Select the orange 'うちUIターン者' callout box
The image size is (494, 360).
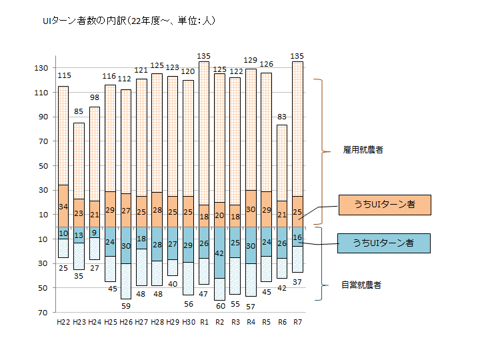coord(384,205)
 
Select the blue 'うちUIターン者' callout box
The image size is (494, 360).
coord(384,243)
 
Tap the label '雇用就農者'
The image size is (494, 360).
coord(362,151)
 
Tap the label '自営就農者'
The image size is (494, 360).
coord(362,285)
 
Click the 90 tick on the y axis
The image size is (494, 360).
coord(43,117)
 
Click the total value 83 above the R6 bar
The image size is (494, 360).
coord(282,118)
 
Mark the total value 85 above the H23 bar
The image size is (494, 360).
coord(79,112)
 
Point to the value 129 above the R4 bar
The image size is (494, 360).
coord(251,61)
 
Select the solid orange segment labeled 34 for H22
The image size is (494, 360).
coord(63,206)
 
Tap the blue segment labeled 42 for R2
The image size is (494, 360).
coord(219,253)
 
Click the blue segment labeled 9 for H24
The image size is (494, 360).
coord(95,233)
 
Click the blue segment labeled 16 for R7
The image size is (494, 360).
coord(297,237)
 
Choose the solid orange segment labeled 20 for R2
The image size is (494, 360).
coord(219,215)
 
